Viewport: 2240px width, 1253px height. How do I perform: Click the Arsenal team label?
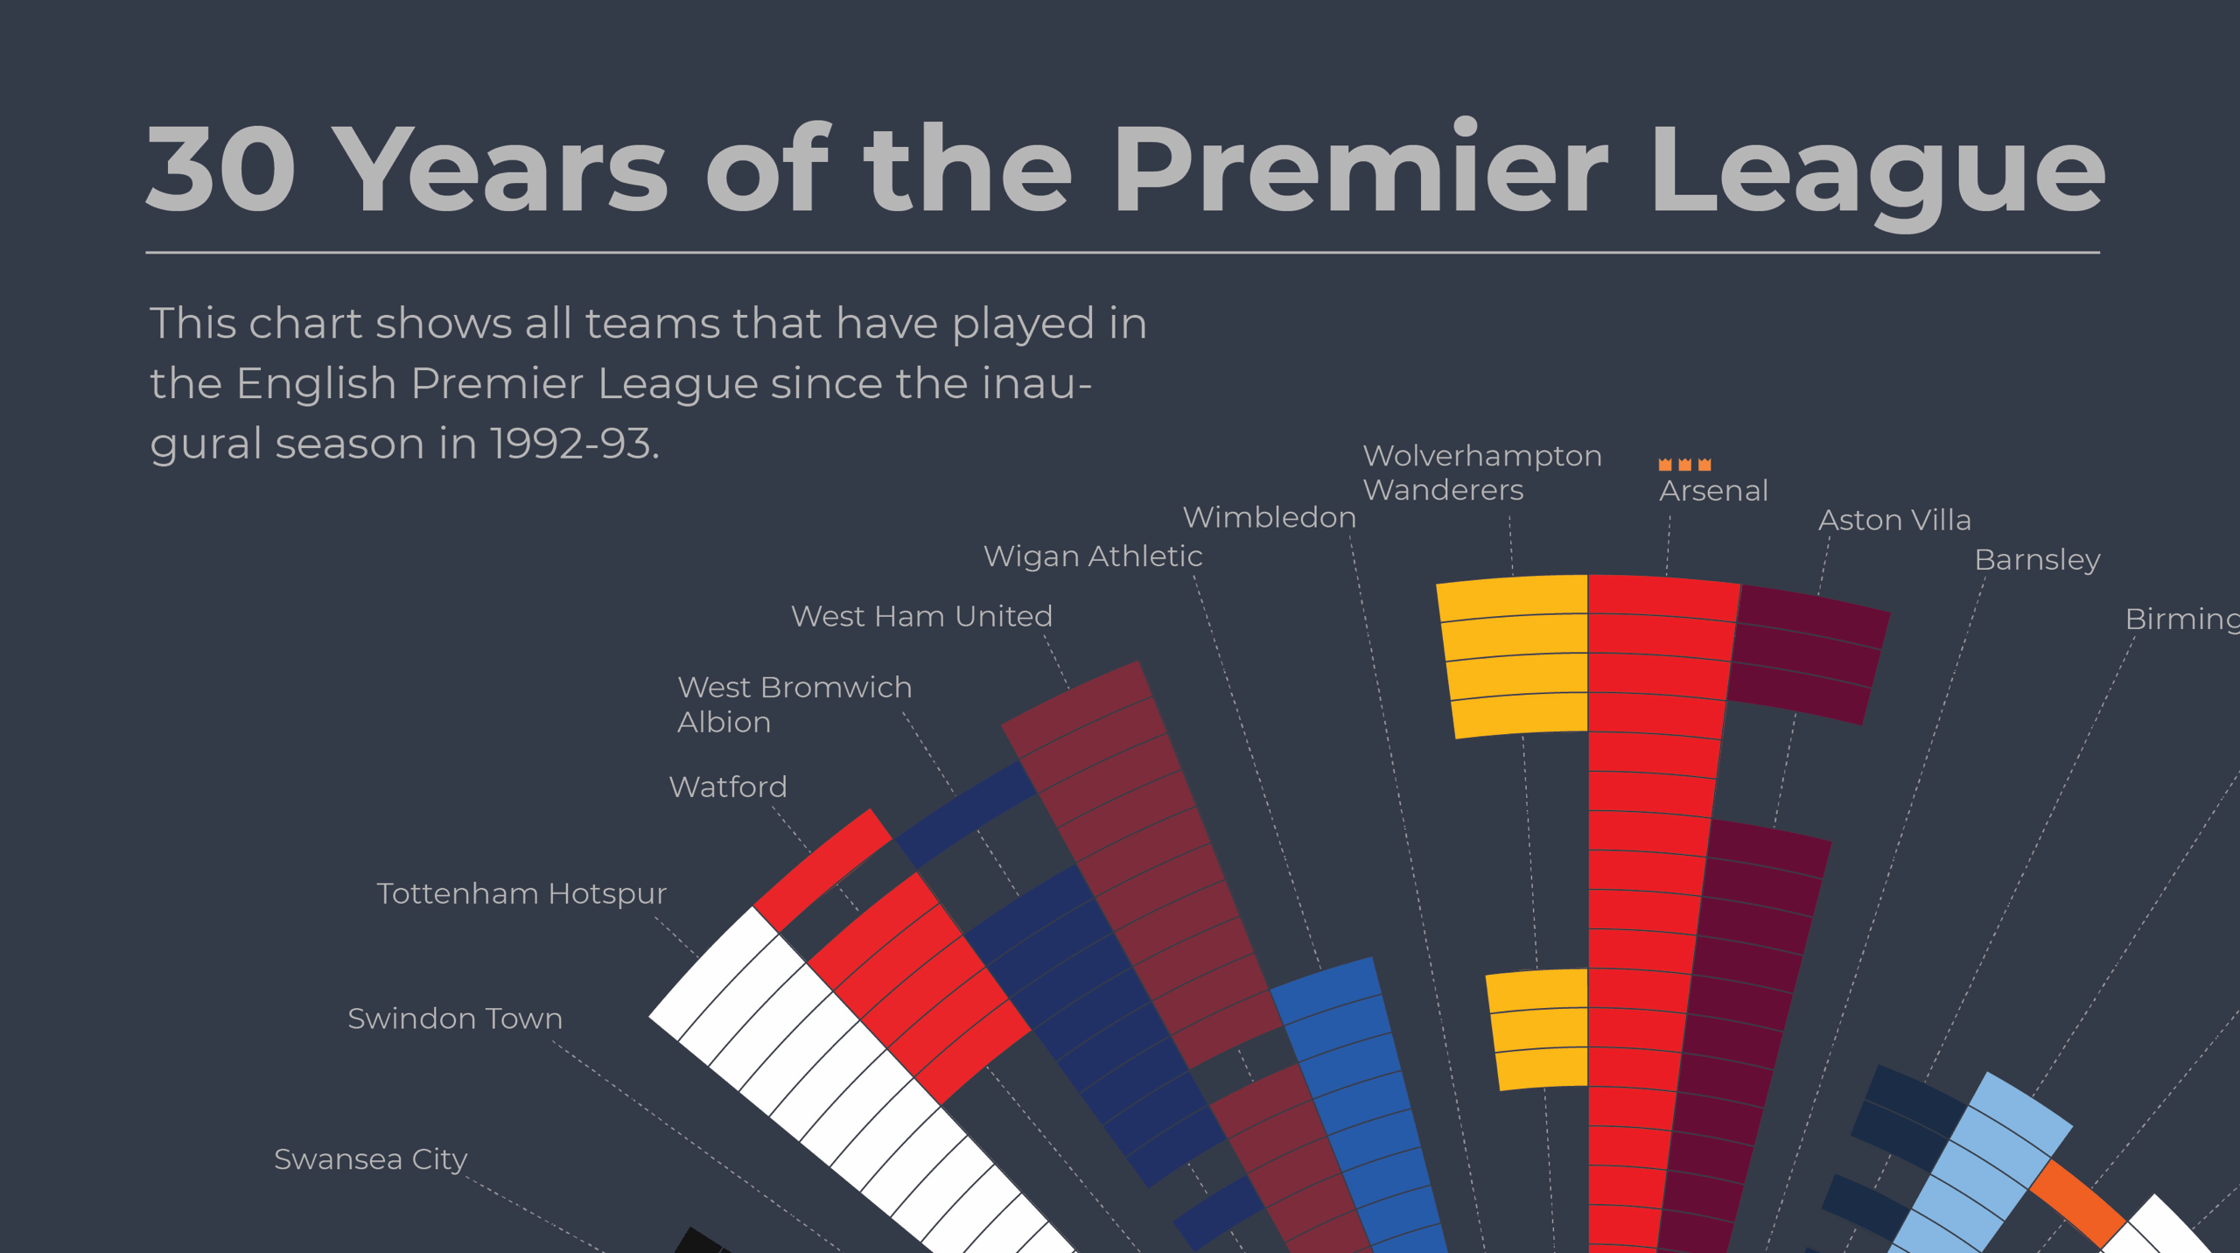1713,491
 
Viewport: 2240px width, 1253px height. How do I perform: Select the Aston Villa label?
1894,521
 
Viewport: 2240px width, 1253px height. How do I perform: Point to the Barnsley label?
2037,560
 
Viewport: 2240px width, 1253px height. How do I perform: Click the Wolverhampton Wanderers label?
1481,472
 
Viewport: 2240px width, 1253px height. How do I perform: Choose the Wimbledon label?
1269,517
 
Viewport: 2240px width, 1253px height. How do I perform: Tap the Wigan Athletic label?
1093,556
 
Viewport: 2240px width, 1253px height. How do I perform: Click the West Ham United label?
921,617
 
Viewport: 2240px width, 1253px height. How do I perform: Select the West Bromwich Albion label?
794,704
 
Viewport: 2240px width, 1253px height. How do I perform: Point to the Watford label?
728,787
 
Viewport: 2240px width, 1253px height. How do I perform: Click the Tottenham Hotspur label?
521,893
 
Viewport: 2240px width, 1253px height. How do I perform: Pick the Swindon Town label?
455,1018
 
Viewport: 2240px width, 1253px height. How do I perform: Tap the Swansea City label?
371,1159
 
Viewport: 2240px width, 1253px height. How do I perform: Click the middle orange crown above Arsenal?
1684,465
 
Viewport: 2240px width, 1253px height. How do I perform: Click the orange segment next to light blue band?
2077,1202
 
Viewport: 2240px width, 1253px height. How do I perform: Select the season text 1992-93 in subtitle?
573,444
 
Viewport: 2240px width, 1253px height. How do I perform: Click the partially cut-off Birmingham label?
2181,619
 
